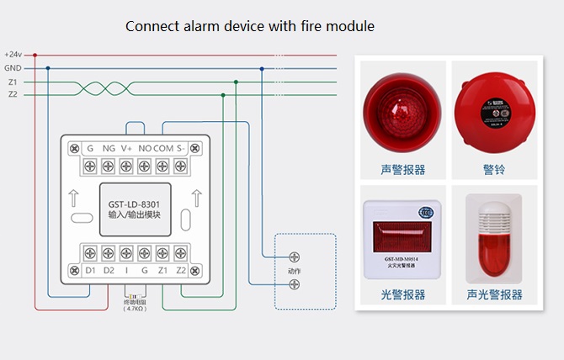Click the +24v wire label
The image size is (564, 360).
coord(13,55)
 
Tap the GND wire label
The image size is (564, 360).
coord(13,68)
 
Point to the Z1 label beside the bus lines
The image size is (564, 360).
coord(13,82)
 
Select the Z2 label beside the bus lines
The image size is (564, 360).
coord(13,95)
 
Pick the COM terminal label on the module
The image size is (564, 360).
coord(163,148)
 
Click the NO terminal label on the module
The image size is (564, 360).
coord(144,148)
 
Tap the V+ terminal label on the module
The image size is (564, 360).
coord(126,148)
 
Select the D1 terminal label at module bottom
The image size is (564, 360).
coord(90,270)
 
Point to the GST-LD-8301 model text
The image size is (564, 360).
coord(135,203)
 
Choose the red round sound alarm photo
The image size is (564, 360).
coord(402,109)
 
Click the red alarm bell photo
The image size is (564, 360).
coord(494,109)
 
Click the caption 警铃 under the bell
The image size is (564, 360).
coord(494,170)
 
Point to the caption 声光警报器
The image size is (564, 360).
coord(494,295)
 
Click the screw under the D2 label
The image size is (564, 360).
coord(109,252)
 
